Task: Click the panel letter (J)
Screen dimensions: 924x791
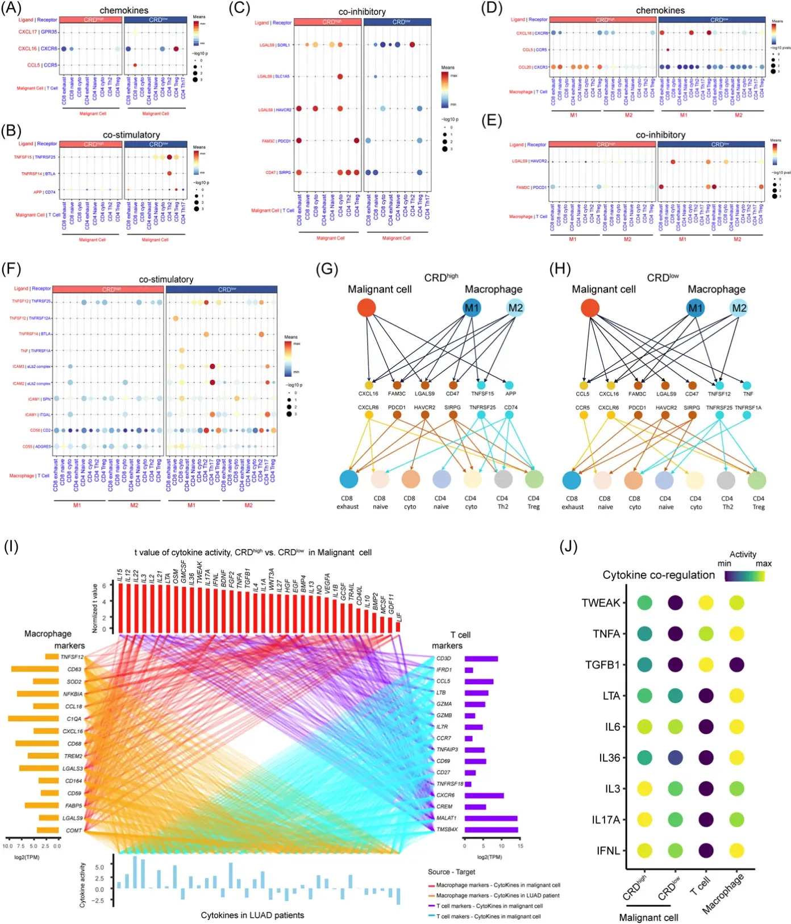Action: coord(569,547)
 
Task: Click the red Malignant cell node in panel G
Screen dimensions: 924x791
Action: coord(367,308)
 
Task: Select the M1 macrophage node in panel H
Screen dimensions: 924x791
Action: coord(696,308)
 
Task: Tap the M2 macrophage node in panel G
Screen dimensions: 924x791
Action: coord(515,308)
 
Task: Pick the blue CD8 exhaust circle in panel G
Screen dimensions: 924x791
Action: coord(348,479)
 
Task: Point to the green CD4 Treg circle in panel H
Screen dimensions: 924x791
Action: coord(757,480)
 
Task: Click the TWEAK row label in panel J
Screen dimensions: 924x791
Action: coord(601,603)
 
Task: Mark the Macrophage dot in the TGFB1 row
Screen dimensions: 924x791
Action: coord(737,665)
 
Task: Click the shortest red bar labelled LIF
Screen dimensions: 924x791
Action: coord(398,627)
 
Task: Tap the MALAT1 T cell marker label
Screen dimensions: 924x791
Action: coord(447,818)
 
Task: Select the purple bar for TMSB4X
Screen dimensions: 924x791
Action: coord(491,830)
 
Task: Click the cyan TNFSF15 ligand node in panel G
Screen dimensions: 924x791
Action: coord(481,385)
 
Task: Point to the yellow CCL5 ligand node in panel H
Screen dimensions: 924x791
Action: coord(583,385)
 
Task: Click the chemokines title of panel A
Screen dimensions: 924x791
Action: coord(124,10)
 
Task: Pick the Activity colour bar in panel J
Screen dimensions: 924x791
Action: coord(744,576)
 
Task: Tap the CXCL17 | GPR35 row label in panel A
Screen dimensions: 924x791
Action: coord(38,32)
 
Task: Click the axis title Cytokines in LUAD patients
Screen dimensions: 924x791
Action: coord(252,915)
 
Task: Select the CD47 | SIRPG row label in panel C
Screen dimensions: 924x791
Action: coord(278,172)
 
